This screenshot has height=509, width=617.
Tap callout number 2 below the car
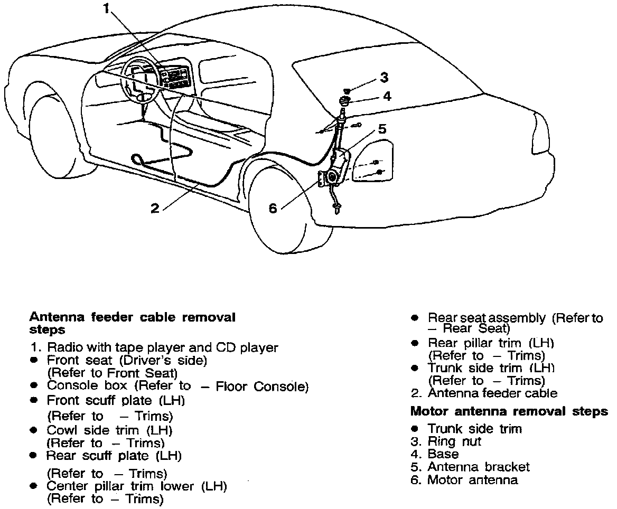[x=154, y=209]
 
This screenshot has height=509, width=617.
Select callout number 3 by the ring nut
[x=384, y=78]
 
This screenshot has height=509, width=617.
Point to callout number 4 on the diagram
[x=387, y=96]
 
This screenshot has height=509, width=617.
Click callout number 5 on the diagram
[x=382, y=128]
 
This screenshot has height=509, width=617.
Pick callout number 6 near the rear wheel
[x=273, y=209]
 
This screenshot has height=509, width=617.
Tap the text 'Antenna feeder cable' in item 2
[x=492, y=393]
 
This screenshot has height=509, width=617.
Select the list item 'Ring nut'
[x=454, y=441]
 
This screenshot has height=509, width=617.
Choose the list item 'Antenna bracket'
[x=478, y=467]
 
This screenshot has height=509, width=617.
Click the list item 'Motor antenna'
[x=472, y=480]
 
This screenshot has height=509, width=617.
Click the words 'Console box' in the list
[x=78, y=386]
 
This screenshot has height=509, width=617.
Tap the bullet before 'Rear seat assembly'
[x=415, y=318]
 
